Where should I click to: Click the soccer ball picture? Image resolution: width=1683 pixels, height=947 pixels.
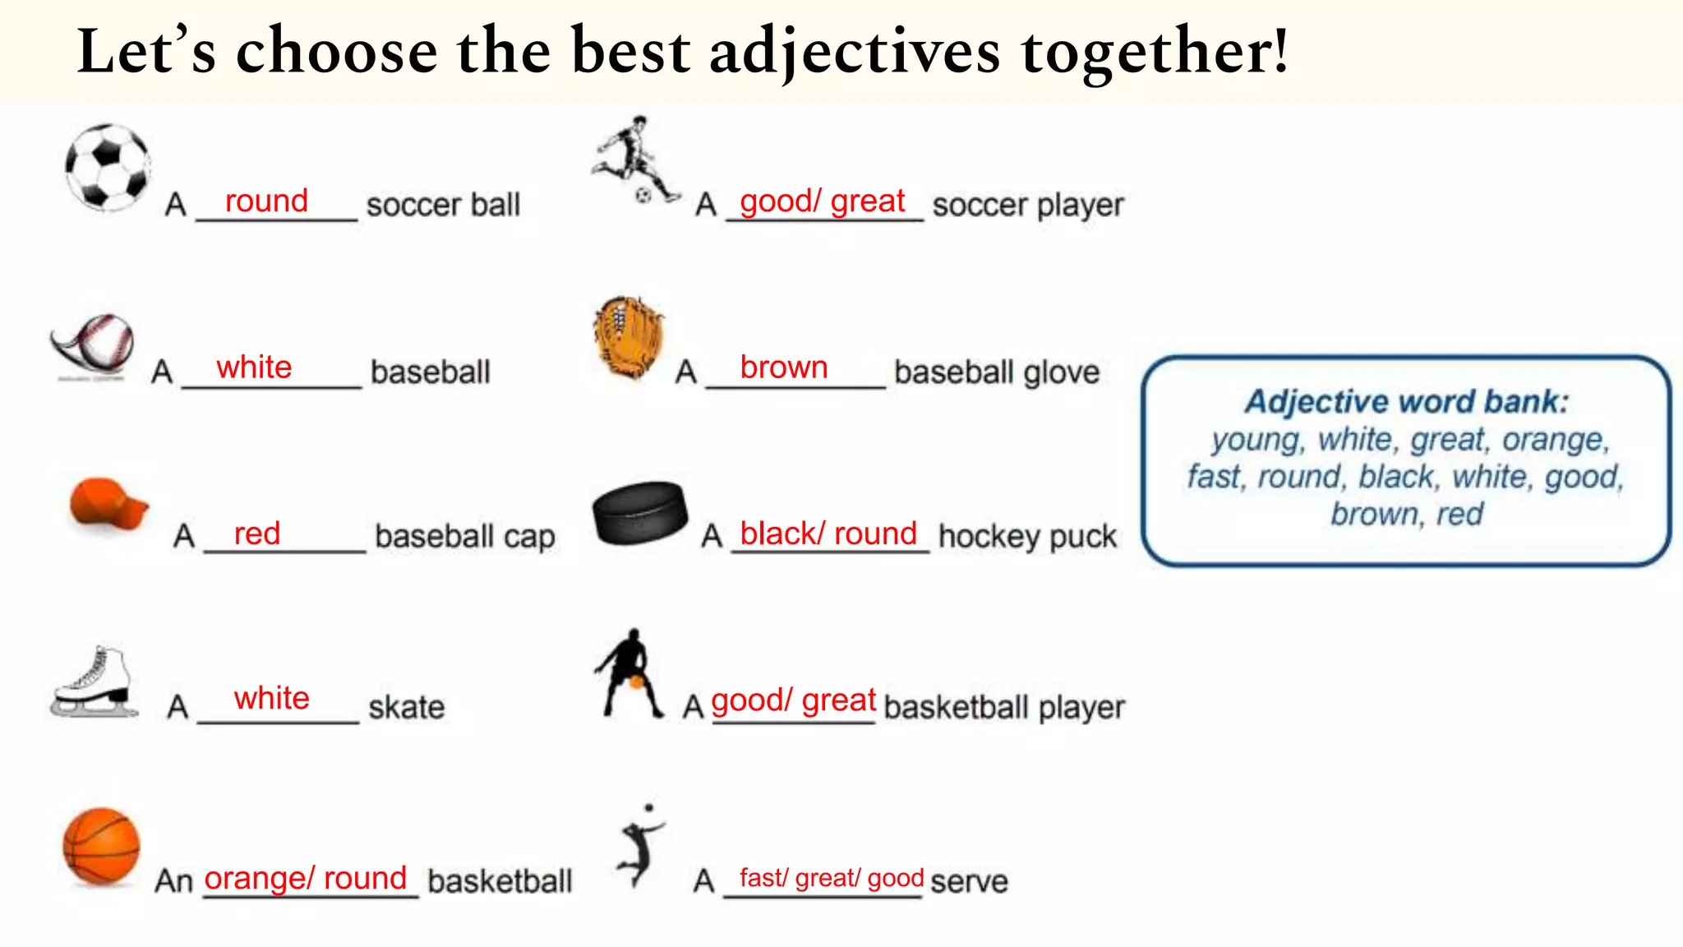(108, 167)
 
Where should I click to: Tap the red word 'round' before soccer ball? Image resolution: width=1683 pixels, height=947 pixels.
(266, 201)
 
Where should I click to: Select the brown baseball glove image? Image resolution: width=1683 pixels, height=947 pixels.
(629, 337)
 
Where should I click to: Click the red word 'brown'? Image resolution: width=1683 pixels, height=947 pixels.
(783, 367)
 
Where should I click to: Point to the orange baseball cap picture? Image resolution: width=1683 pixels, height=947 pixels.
(108, 504)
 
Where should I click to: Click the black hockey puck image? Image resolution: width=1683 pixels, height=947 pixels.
(640, 514)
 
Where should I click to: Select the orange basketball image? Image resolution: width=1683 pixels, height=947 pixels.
(102, 847)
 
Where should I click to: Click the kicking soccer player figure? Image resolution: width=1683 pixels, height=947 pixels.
(635, 160)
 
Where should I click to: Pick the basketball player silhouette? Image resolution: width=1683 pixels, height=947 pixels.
(629, 674)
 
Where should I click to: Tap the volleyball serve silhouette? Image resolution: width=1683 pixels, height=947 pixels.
(641, 847)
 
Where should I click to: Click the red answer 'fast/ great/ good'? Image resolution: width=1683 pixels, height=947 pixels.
(831, 879)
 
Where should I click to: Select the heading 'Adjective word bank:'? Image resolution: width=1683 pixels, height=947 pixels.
(1406, 402)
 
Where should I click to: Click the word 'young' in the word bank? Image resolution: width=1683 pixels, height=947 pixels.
(1256, 441)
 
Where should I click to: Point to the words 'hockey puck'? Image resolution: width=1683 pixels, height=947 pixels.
(1027, 537)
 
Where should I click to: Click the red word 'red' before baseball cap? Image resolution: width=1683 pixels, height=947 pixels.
(257, 534)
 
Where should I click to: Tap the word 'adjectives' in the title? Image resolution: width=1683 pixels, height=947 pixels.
(855, 52)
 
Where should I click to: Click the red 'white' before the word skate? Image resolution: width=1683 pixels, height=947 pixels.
(272, 699)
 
